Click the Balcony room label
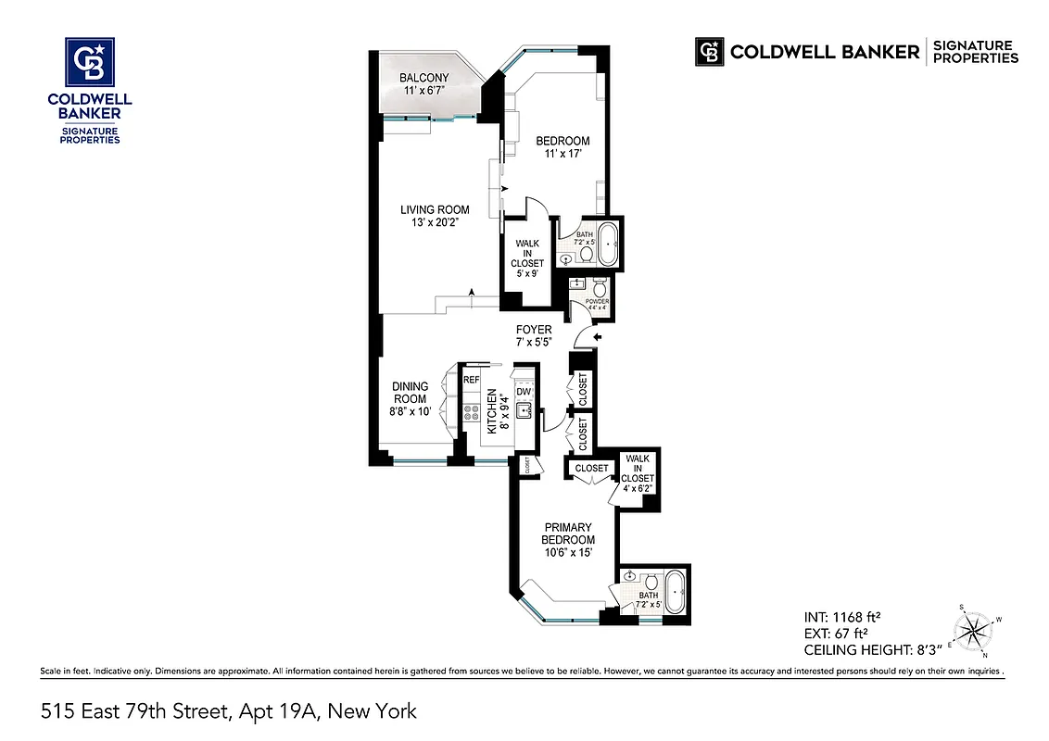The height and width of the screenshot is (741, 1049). [x=424, y=78]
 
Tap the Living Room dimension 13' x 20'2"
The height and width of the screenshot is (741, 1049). [x=435, y=222]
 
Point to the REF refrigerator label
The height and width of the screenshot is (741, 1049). [x=471, y=380]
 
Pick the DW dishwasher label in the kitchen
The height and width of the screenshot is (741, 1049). [x=523, y=392]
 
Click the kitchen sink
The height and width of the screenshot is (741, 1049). [x=523, y=410]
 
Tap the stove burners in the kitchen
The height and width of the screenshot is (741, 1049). [x=471, y=412]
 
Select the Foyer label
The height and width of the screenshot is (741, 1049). [x=534, y=330]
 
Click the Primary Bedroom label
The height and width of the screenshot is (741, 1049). [x=568, y=534]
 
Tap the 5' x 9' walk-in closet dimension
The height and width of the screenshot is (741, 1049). [x=529, y=274]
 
